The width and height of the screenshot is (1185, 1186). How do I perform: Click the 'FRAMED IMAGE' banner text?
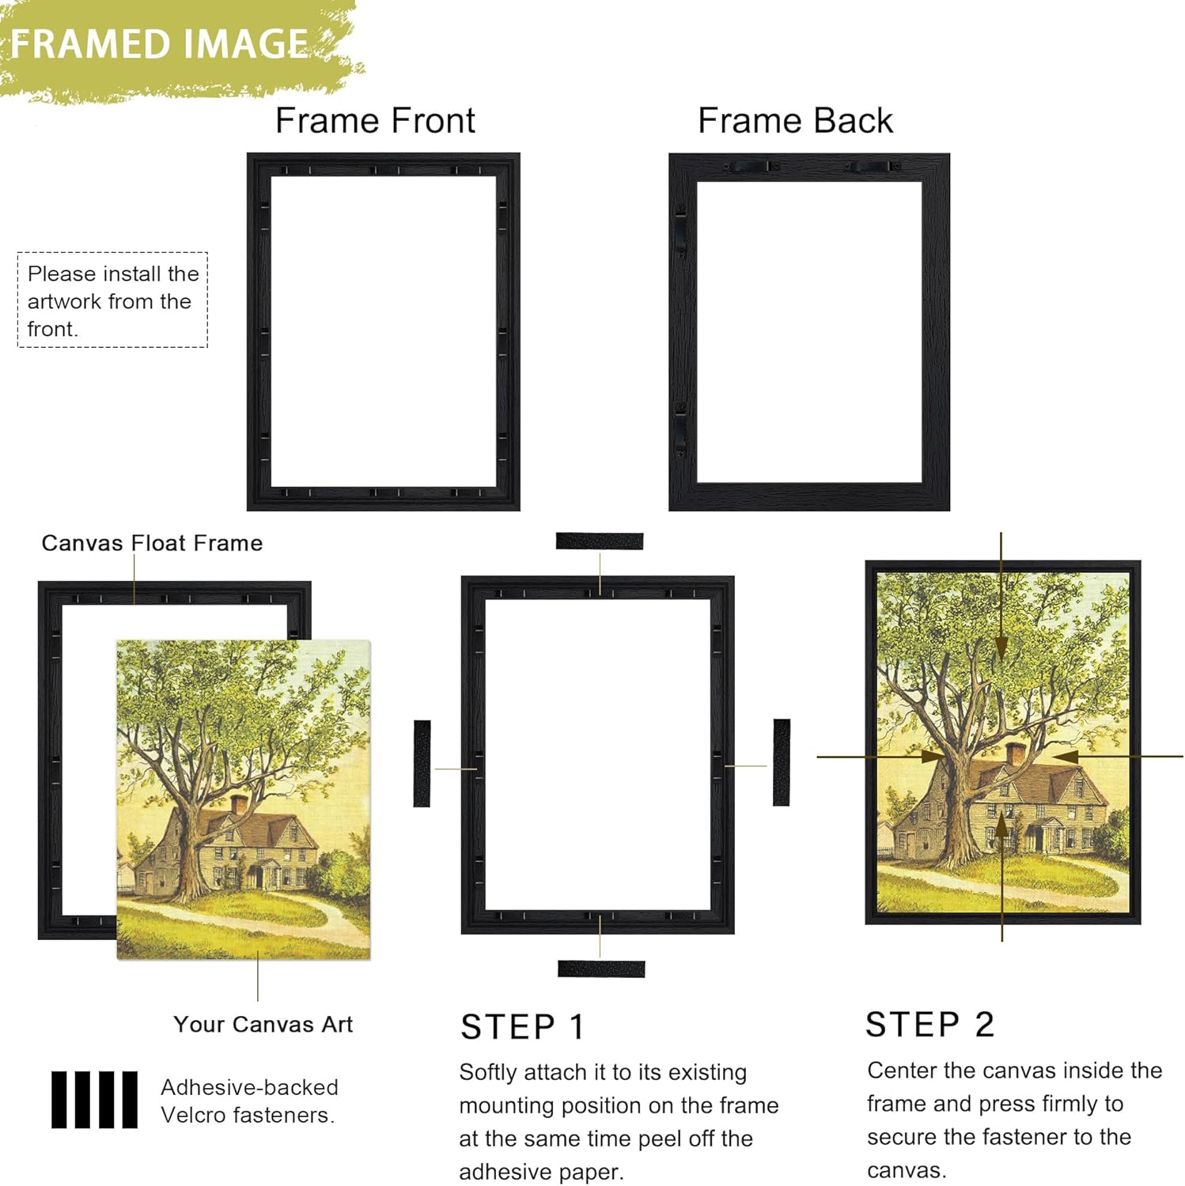[x=158, y=44]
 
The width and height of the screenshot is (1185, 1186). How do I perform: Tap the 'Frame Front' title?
[x=375, y=121]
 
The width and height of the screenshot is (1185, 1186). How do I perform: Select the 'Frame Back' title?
[x=795, y=121]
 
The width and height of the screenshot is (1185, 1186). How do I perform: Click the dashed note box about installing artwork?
[x=112, y=300]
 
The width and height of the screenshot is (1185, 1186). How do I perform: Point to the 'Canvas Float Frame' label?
[x=152, y=543]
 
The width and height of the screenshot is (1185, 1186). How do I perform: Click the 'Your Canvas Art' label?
[x=263, y=1025]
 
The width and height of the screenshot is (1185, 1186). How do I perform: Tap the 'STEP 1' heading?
[x=522, y=1027]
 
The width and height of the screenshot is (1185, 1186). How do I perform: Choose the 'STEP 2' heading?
[x=929, y=1025]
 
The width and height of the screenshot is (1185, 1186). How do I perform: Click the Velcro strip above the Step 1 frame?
[x=599, y=542]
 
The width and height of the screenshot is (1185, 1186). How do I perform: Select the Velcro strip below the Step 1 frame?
[x=601, y=969]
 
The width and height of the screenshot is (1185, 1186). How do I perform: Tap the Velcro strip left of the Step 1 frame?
[x=422, y=763]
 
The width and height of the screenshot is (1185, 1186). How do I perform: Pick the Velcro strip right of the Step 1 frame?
[x=782, y=762]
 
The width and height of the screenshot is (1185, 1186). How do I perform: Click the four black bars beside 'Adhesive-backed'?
[x=94, y=1100]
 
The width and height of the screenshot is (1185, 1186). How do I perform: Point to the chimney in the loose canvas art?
[x=239, y=805]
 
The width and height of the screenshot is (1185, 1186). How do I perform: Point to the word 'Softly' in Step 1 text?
[x=486, y=1073]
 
